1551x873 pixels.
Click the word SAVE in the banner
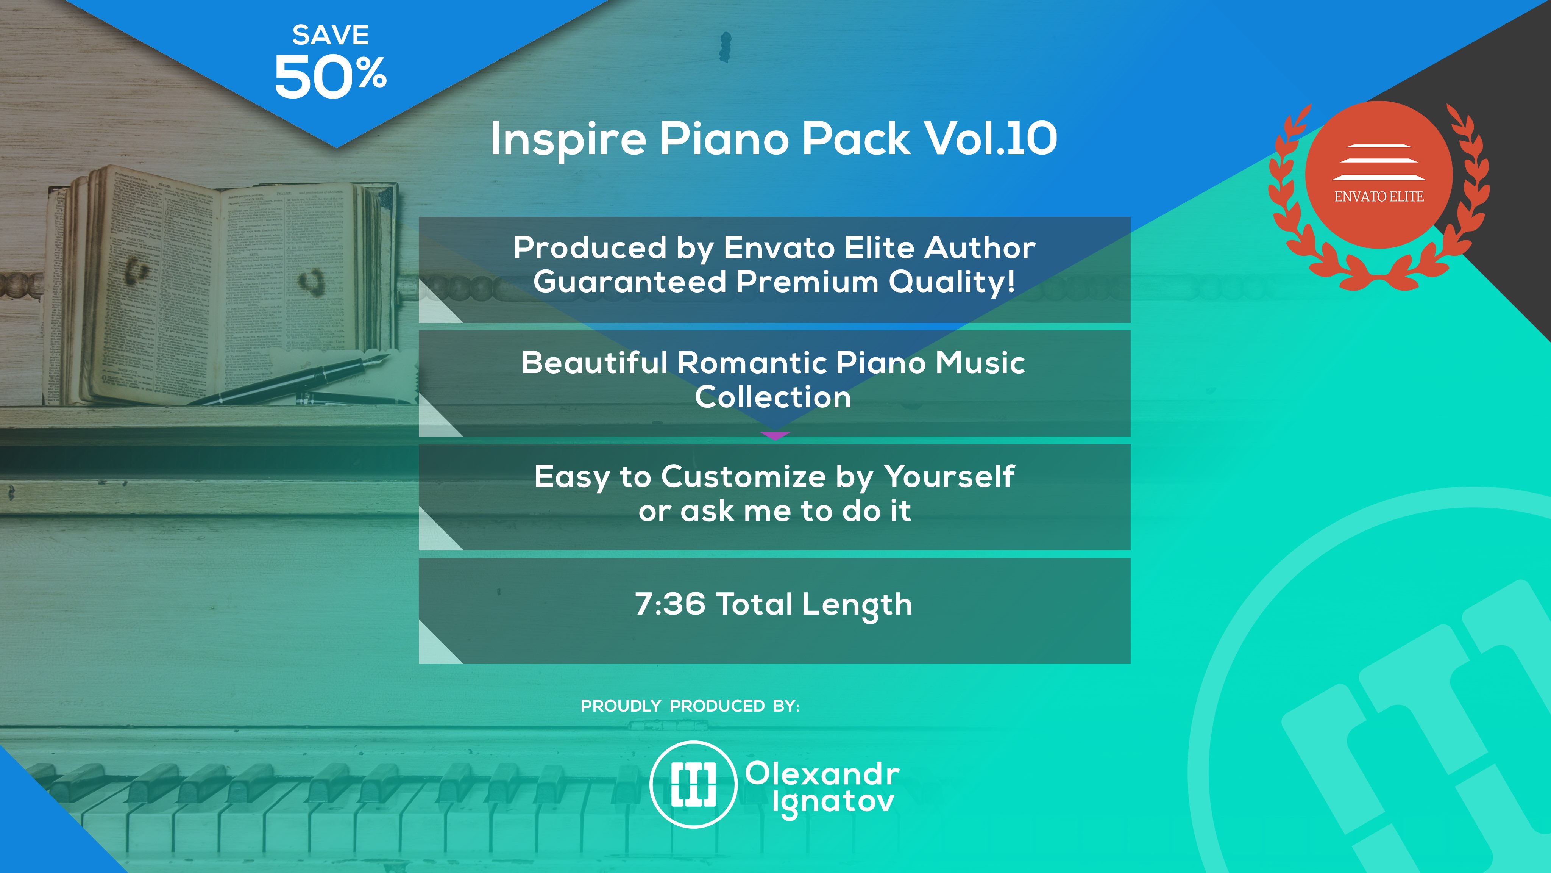(331, 35)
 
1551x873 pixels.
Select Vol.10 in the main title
(991, 139)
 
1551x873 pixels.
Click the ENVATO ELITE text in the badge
(1379, 196)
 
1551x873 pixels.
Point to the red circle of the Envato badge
(1379, 175)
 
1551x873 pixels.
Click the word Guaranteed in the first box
(630, 282)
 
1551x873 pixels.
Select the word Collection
(773, 397)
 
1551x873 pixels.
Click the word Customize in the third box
(744, 477)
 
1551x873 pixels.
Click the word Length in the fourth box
(857, 605)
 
